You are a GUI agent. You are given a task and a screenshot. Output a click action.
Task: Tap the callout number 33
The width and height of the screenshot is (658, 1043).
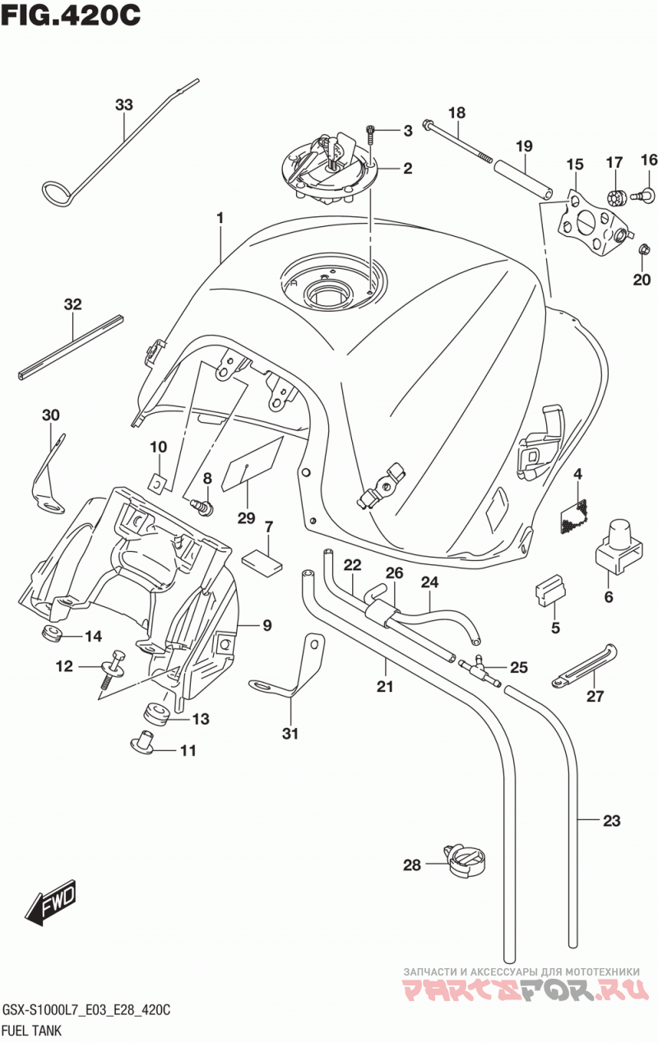point(124,105)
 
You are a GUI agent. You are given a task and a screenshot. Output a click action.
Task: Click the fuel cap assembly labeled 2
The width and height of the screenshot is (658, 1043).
point(323,170)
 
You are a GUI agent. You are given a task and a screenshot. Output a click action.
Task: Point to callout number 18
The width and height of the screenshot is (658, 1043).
point(456,113)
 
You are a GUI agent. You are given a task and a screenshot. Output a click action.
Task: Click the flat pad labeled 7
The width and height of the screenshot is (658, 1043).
point(262,559)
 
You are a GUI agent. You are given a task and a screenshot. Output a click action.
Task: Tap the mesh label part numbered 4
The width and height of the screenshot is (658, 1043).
point(573,517)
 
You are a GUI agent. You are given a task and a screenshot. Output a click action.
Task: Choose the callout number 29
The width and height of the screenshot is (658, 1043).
point(246,517)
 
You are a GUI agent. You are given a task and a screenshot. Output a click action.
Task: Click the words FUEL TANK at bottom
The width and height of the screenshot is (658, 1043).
point(32,1030)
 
